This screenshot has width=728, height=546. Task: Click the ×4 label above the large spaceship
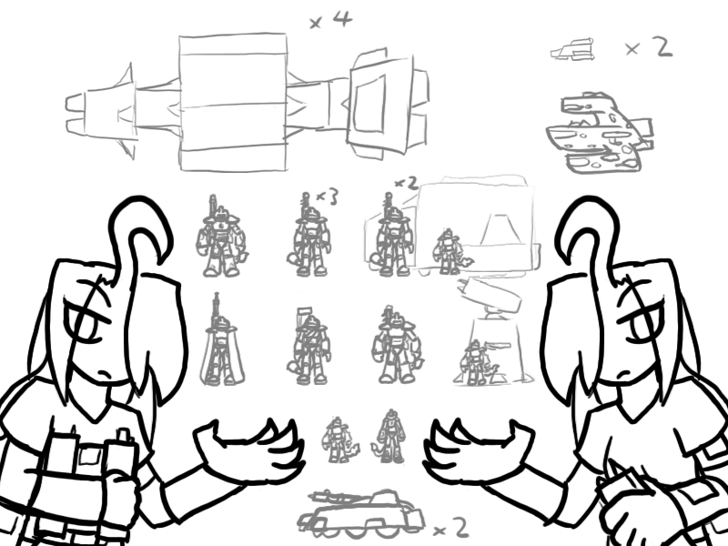[x=331, y=20]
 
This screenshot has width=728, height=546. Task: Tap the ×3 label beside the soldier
[x=327, y=197]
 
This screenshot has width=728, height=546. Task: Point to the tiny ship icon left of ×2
[x=572, y=49]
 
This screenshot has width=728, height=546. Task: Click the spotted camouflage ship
[x=600, y=132]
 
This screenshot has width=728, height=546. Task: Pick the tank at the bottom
[x=360, y=511]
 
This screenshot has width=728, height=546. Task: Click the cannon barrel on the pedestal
[x=490, y=296]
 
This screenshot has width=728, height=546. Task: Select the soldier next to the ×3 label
[x=309, y=236]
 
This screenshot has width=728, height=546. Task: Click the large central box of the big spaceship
[x=233, y=102]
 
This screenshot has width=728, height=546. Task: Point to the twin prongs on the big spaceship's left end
[x=76, y=115]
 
